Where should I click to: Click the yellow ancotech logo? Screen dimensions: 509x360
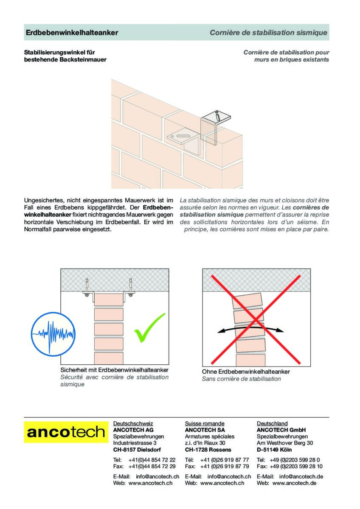66,432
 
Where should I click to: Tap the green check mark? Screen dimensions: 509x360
149,328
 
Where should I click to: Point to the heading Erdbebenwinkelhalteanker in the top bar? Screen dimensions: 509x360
72,33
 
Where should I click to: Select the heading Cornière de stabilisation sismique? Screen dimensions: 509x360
268,33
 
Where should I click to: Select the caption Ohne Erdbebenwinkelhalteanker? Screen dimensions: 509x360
246,372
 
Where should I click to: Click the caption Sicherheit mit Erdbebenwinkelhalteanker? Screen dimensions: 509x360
114,370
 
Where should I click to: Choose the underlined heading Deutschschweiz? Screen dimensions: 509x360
133,423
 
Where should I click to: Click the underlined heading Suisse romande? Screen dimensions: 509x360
205,423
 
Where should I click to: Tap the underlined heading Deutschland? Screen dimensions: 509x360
272,423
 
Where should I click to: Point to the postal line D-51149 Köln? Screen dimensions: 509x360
274,449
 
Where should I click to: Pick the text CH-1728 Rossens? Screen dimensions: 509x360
208,449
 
